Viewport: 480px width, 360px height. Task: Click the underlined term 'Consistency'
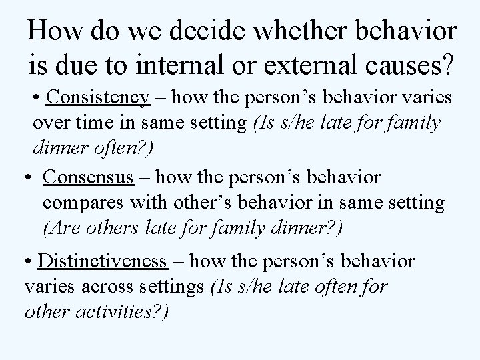(98, 97)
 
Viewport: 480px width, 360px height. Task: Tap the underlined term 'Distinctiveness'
(102, 261)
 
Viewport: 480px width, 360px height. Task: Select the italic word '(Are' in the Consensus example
(61, 229)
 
